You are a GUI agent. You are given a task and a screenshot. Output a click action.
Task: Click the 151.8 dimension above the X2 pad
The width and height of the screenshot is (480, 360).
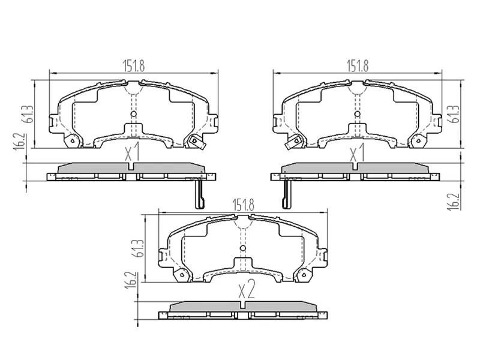click(x=242, y=205)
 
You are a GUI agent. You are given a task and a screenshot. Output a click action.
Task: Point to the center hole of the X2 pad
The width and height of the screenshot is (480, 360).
click(x=242, y=249)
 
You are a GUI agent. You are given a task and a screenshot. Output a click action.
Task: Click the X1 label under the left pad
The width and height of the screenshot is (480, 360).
click(x=133, y=154)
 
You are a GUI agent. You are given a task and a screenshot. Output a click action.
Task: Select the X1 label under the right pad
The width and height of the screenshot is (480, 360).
click(x=358, y=154)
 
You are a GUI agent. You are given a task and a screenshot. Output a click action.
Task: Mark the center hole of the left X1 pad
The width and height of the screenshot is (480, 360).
click(x=133, y=113)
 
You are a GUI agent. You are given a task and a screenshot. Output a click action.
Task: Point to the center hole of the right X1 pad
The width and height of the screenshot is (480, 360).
click(x=358, y=113)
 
